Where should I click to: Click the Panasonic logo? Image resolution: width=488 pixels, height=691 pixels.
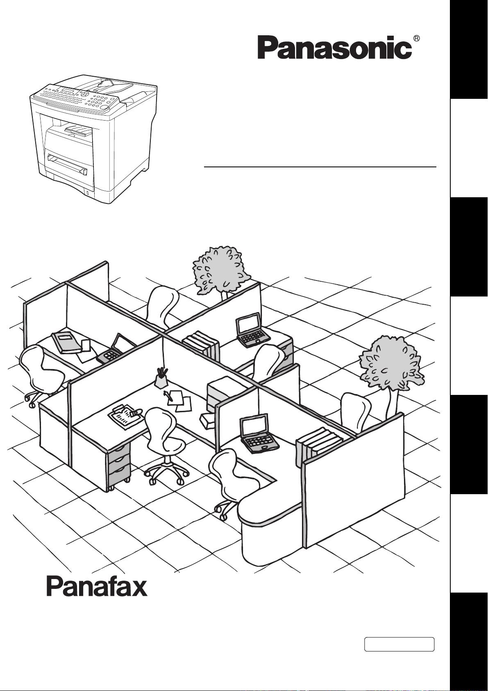[x=334, y=48]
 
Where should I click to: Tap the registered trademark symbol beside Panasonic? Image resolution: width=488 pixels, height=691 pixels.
[x=416, y=39]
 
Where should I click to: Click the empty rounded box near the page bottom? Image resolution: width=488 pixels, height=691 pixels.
[x=399, y=644]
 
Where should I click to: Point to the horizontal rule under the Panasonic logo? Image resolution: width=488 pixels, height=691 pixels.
[x=320, y=167]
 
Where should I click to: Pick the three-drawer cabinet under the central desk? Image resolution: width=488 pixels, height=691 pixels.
[x=119, y=469]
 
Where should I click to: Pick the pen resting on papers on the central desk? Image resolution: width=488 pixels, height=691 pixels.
[x=168, y=395]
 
